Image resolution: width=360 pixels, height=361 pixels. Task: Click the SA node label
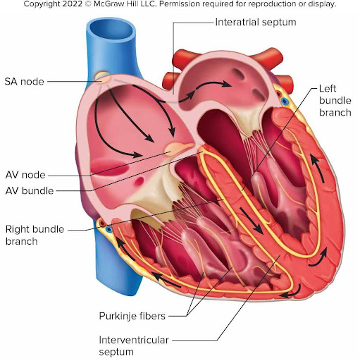(25, 82)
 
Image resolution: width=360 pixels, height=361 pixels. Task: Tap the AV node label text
(25, 175)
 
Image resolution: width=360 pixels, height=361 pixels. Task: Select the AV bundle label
(30, 190)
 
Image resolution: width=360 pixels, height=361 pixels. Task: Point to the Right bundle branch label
(35, 235)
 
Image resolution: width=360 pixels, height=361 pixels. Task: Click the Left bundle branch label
(335, 101)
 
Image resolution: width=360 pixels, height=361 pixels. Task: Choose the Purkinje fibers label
(132, 316)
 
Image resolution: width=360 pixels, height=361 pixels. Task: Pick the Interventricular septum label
(134, 346)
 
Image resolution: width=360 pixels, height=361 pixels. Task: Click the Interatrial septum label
(256, 23)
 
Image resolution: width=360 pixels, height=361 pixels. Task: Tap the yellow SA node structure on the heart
(103, 77)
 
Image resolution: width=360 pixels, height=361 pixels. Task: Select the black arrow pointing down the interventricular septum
(251, 221)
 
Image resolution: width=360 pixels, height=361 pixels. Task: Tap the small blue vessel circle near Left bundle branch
(285, 102)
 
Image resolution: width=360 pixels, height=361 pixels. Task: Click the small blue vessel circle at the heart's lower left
(108, 228)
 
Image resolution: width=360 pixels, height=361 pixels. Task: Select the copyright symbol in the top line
(88, 4)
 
